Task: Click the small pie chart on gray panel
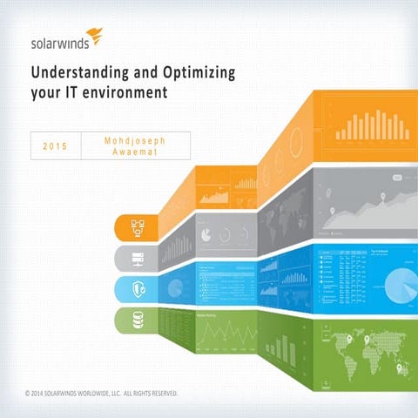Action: (x=206, y=234)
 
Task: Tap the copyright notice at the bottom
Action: (x=101, y=394)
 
